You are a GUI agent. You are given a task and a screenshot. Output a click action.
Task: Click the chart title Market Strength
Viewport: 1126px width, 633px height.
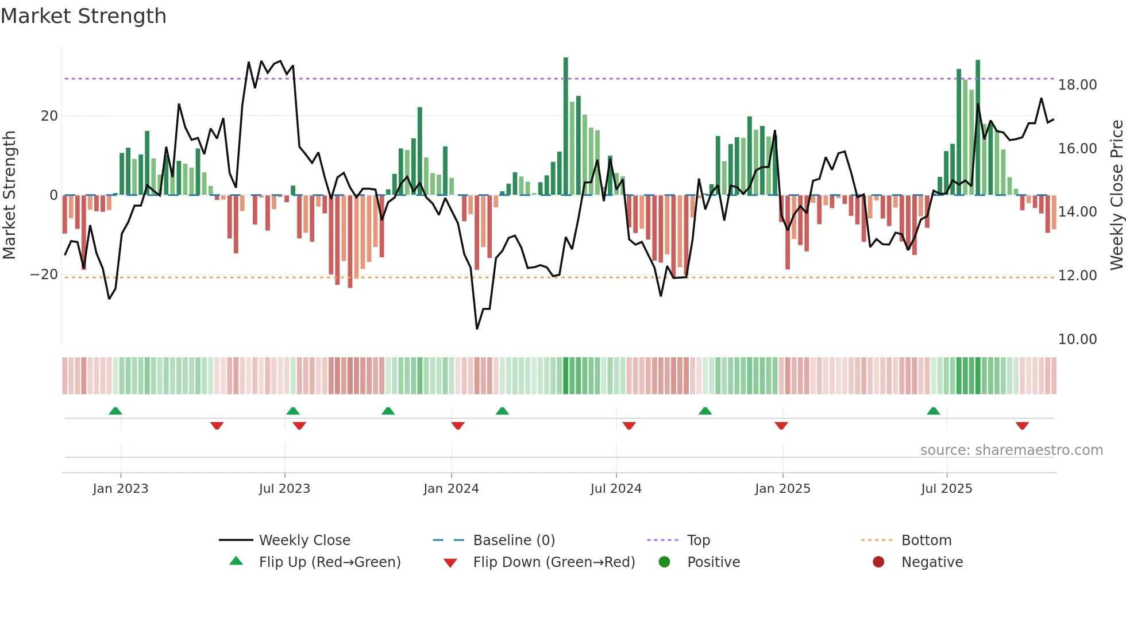coord(84,16)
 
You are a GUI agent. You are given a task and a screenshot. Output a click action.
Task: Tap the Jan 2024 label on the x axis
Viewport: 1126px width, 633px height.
coord(451,489)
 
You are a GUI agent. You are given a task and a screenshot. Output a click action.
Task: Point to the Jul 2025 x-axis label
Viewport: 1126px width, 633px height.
coord(946,489)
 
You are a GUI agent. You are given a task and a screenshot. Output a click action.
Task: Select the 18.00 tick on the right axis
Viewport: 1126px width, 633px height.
coord(1077,85)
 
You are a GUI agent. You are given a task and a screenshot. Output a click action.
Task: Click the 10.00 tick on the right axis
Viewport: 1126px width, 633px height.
coord(1077,339)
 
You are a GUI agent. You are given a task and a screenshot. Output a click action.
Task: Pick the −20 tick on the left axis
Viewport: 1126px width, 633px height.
coord(44,275)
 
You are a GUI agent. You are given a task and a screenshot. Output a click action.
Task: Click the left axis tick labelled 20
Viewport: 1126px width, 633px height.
coord(49,116)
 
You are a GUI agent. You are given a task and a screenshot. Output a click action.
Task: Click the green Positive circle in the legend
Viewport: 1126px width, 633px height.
coord(665,562)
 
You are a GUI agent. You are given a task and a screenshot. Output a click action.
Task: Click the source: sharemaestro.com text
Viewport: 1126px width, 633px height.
coord(1011,450)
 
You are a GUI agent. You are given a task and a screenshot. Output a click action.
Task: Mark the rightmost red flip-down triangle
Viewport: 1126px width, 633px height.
coord(1022,426)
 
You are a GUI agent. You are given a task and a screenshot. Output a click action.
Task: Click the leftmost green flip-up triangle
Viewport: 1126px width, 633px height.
coord(115,411)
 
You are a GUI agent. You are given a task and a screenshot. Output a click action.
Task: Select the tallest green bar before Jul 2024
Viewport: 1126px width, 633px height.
coord(566,126)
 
